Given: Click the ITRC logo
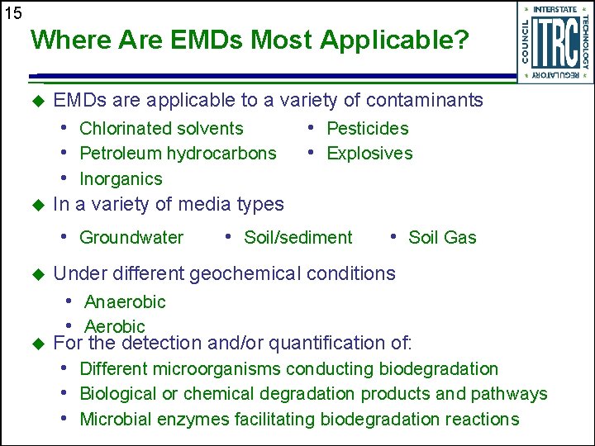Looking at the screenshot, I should pyautogui.click(x=554, y=42).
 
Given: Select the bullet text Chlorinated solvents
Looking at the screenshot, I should pyautogui.click(x=161, y=129).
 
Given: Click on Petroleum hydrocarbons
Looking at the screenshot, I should pyautogui.click(x=178, y=154).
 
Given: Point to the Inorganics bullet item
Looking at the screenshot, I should pyautogui.click(x=121, y=179).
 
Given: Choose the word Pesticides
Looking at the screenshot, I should pyautogui.click(x=368, y=129).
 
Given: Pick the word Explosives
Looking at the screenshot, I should pyautogui.click(x=369, y=154).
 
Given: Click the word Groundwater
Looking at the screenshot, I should pyautogui.click(x=131, y=238).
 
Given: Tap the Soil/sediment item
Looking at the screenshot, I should pyautogui.click(x=297, y=238).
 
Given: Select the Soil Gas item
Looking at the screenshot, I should pyautogui.click(x=442, y=238).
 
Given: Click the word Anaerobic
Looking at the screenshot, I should pyautogui.click(x=125, y=302).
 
